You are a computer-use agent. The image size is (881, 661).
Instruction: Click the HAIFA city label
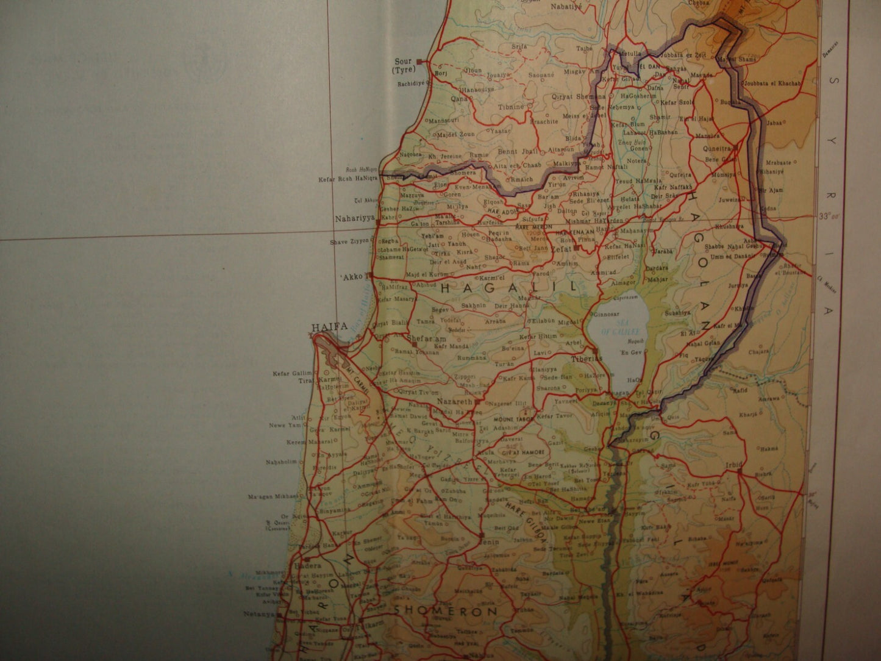[x=329, y=327]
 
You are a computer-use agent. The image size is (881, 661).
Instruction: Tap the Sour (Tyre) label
[x=403, y=65]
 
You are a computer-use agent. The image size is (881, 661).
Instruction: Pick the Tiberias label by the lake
[x=587, y=359]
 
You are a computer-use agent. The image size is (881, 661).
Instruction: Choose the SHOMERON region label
[x=445, y=610]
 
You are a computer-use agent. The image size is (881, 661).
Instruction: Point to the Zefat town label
[x=562, y=249]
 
